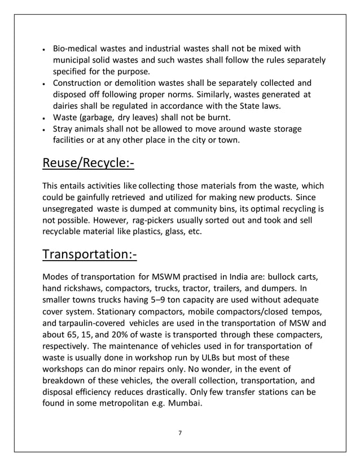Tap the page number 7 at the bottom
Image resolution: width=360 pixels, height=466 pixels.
[179, 433]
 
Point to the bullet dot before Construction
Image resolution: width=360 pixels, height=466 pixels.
[45, 83]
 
